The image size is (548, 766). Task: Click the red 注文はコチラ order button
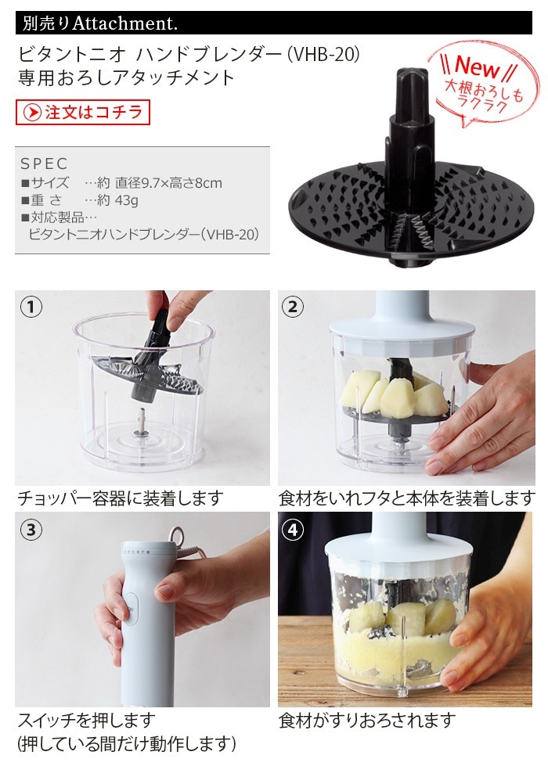[83, 113]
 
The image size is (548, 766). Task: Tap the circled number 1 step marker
[31, 307]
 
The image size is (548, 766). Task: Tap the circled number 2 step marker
[293, 307]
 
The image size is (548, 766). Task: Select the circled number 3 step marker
[31, 530]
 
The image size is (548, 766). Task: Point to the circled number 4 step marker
[293, 530]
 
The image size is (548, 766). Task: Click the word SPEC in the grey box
[44, 164]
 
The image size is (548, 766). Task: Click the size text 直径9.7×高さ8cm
[168, 183]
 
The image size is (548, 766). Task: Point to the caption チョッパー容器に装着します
[121, 498]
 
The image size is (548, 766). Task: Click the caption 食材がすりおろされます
[368, 720]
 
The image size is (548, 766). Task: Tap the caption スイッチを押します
[87, 720]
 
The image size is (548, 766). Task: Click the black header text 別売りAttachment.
[100, 23]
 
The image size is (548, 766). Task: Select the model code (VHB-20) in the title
[323, 54]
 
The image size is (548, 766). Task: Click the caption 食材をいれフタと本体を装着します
[407, 498]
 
